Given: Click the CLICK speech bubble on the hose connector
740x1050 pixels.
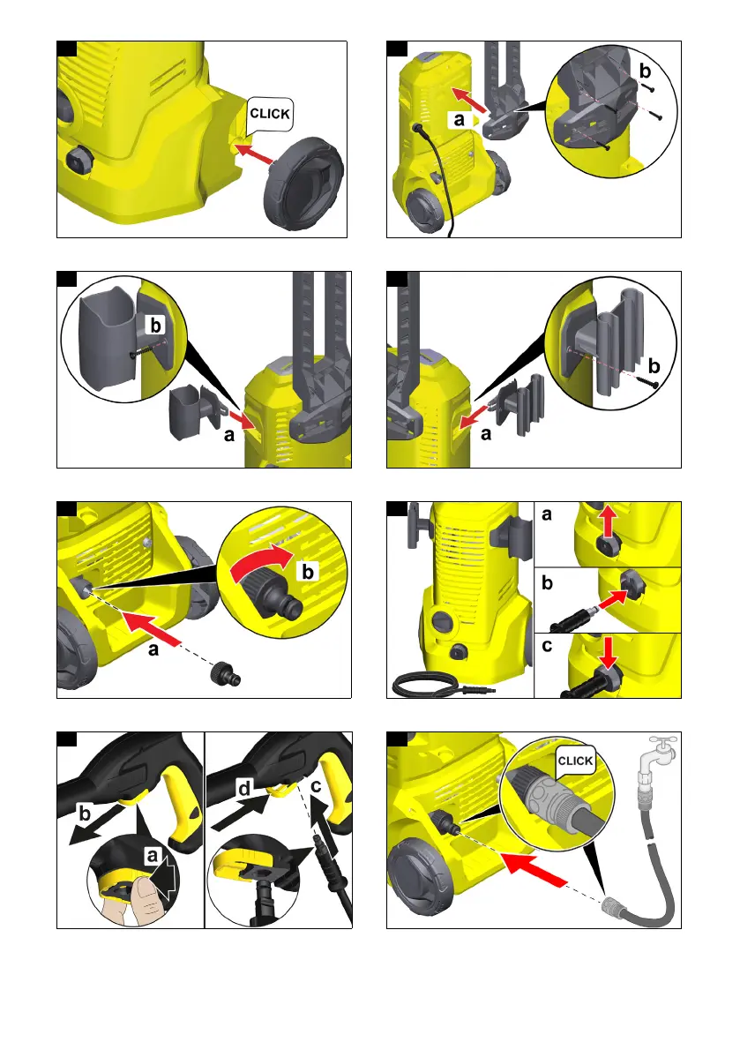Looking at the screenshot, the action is [575, 761].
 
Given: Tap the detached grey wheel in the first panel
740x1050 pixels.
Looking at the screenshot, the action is [303, 184].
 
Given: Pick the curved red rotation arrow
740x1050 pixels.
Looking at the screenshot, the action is [260, 563].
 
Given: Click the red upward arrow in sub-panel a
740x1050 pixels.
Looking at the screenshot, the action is [608, 522].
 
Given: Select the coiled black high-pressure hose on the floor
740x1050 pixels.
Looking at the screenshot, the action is [443, 686].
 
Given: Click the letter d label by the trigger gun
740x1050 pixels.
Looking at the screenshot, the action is [244, 789].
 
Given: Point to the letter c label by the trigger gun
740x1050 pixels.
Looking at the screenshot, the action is [317, 784].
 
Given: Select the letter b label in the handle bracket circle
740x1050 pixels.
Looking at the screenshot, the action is [645, 71].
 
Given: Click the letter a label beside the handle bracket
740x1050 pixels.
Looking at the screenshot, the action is [459, 120].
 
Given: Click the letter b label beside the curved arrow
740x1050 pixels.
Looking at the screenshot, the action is [308, 572].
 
